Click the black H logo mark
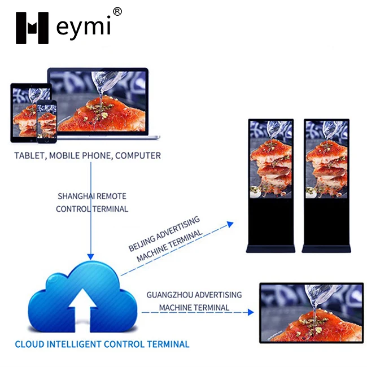[x=32, y=28]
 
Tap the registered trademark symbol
[x=117, y=12]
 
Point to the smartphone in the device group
[x=47, y=122]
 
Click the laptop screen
[x=98, y=101]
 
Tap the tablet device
[x=30, y=113]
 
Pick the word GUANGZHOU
[x=170, y=295]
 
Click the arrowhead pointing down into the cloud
[x=90, y=256]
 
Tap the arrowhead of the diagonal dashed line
[x=230, y=224]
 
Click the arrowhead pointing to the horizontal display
[x=251, y=312]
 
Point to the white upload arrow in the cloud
[x=82, y=309]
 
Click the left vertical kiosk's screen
[x=271, y=160]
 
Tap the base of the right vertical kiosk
[x=326, y=248]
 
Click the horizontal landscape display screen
[x=312, y=313]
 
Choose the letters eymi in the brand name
[x=84, y=28]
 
